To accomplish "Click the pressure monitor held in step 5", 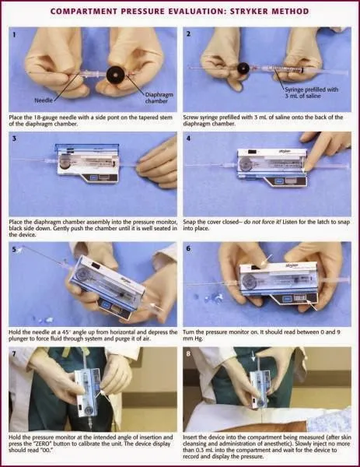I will [105, 282].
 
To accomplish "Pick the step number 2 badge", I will [189, 34].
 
